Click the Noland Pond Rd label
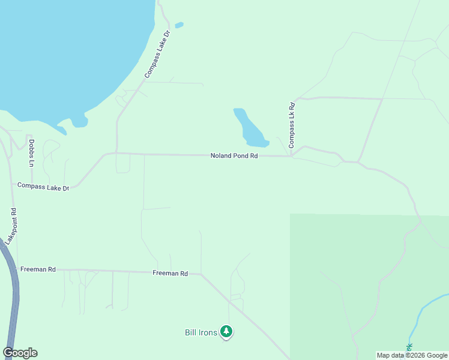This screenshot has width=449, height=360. pos(234,156)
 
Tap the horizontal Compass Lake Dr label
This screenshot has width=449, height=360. pos(43,187)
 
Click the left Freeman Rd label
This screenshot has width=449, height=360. pos(37,270)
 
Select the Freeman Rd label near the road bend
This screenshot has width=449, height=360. pos(170,274)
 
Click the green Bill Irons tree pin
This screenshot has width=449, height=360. pos(226,331)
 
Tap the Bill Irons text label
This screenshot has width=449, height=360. pos(200,332)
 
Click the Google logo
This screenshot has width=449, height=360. pos(20,353)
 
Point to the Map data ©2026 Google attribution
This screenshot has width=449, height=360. pos(412,355)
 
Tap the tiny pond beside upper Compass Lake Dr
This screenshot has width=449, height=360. pos(179,25)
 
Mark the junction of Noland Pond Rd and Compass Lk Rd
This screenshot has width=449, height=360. pos(292,157)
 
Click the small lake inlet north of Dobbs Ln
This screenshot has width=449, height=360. pos(79,123)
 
